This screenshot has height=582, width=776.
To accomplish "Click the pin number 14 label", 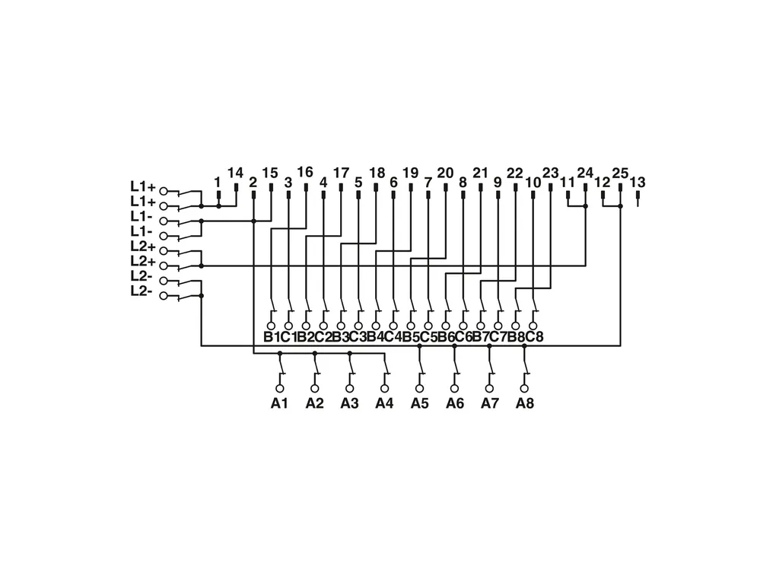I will click(x=235, y=173).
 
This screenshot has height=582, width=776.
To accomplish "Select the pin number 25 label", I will click(x=620, y=173).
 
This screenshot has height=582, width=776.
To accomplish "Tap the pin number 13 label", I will click(x=638, y=182).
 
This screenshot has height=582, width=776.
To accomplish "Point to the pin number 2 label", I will click(x=253, y=182).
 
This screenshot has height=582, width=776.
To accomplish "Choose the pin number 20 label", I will click(x=445, y=173).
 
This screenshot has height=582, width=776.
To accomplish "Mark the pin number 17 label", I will click(x=341, y=173).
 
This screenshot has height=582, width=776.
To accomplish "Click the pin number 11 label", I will click(x=568, y=182).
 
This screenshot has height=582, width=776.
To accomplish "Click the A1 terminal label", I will click(x=279, y=403).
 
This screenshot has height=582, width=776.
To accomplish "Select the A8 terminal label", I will click(x=524, y=403).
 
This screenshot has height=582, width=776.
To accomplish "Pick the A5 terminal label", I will click(x=419, y=403).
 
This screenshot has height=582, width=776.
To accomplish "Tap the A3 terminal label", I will click(x=349, y=403).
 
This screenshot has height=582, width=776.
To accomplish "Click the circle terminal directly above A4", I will click(x=384, y=388).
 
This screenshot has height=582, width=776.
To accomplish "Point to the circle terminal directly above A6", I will click(x=454, y=388).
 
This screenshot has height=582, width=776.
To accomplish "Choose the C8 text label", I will click(x=535, y=337).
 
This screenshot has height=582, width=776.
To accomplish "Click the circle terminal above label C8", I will click(x=533, y=325).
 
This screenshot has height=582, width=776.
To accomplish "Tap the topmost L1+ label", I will click(x=142, y=186).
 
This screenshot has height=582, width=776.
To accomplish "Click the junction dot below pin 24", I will click(x=585, y=206).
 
